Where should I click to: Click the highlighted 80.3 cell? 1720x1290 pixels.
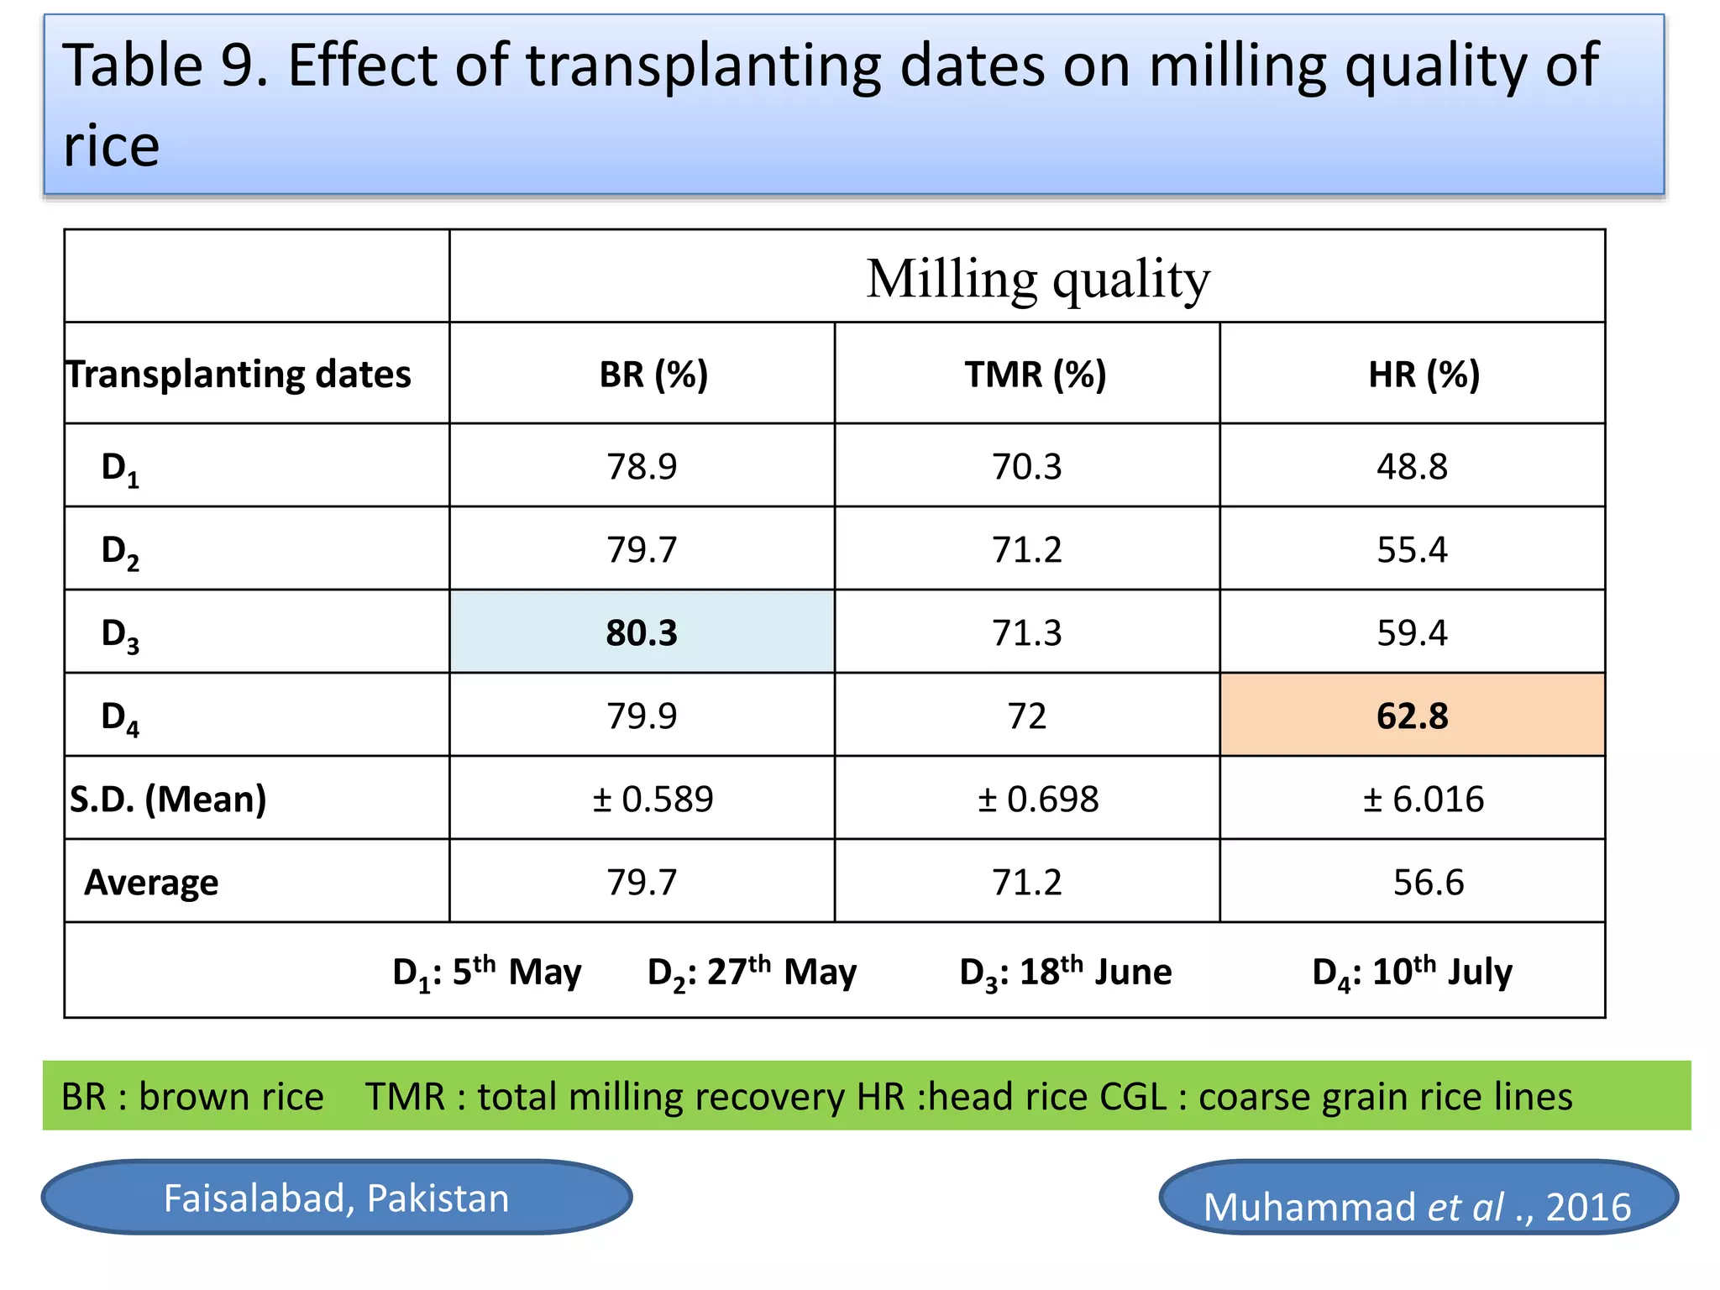coord(642,632)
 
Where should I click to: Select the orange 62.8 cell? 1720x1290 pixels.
coord(1412,716)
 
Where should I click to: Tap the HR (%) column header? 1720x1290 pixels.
coord(1424,374)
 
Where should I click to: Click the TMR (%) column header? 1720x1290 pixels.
coord(1035,374)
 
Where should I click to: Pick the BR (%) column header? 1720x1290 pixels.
coord(653,374)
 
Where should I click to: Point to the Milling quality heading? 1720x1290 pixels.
coord(1038,279)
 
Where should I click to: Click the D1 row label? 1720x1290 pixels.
coord(120,468)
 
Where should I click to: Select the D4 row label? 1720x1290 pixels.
coord(120,717)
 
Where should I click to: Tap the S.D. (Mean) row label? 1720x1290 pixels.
coord(168,799)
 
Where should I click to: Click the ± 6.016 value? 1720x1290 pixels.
coord(1423,799)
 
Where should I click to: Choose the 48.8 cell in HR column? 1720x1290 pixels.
coord(1412,466)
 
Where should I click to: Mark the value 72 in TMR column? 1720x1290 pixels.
coord(1026,716)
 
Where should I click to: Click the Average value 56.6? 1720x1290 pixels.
coord(1428,882)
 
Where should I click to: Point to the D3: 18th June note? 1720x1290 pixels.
coord(1065,972)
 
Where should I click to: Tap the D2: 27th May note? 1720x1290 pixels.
coord(752,972)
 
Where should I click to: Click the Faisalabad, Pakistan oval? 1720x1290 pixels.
coord(336,1198)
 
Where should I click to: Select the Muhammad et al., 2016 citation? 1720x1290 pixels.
coord(1417,1206)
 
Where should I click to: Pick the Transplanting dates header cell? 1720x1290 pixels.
coord(239,374)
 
